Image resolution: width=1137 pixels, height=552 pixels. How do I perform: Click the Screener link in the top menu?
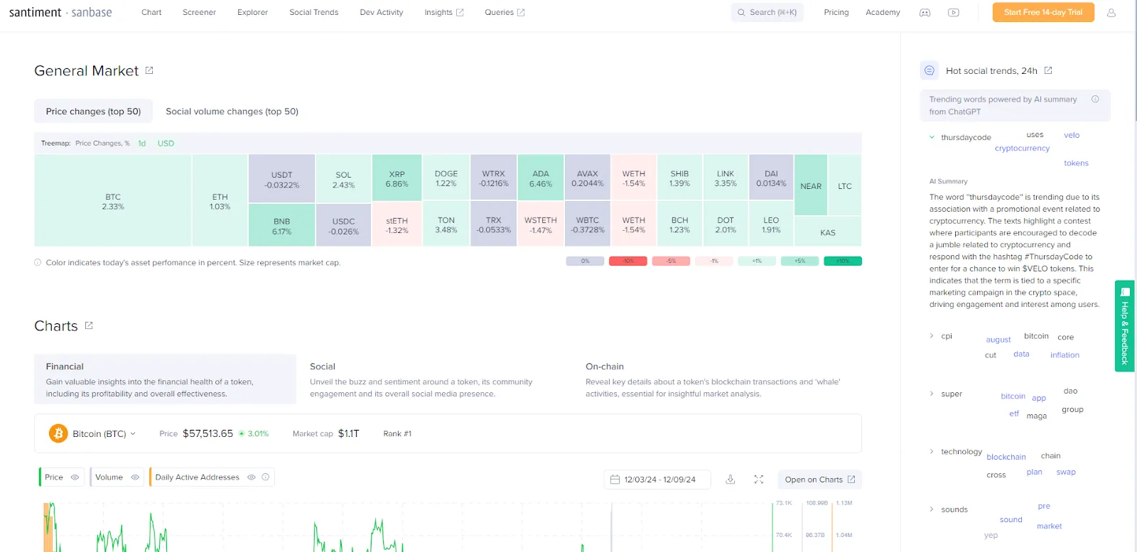tap(199, 12)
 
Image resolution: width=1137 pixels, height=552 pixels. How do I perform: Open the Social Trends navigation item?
tap(313, 12)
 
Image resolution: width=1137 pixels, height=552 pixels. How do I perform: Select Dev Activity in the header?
tap(381, 12)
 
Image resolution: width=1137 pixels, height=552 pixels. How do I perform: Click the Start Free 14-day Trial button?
tap(1042, 12)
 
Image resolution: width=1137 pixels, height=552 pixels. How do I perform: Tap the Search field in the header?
tap(767, 12)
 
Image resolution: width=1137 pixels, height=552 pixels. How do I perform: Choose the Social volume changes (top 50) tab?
tap(232, 112)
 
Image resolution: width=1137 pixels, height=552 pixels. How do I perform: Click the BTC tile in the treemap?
tap(113, 201)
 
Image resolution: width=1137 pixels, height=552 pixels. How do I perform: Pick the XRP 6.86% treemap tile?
tap(397, 178)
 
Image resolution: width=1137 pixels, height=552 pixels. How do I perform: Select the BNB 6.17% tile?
tap(281, 225)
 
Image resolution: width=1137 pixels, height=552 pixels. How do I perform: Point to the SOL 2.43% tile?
tap(343, 179)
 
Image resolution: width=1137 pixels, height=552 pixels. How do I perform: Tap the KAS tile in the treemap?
tap(827, 232)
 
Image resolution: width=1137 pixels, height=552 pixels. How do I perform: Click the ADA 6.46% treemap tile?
tap(540, 178)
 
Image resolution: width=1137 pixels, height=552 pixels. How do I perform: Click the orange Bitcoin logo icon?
tap(58, 433)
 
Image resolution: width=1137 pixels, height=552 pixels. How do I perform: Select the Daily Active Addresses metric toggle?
tap(197, 477)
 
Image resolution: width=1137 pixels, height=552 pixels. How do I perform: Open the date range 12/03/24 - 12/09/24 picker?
tap(652, 480)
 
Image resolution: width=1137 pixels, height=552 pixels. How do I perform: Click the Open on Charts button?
tap(819, 480)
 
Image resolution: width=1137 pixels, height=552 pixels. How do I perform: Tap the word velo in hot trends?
tap(1071, 135)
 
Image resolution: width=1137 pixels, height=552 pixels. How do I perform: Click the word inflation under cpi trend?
tap(1065, 355)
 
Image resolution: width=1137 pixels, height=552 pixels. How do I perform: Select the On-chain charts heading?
tap(604, 367)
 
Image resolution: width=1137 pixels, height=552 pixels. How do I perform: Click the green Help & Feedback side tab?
tap(1124, 325)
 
